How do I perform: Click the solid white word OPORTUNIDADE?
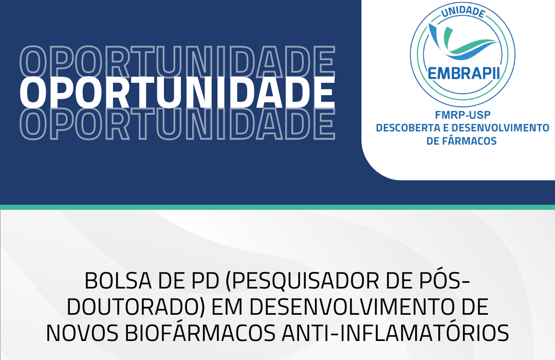177,92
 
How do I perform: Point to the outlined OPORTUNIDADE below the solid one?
177,123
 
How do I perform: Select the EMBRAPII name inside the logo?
464,74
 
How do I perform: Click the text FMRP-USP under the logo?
462,115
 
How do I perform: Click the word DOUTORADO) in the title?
136,307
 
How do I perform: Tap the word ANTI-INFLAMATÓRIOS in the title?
395,332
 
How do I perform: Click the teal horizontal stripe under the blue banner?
277,207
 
